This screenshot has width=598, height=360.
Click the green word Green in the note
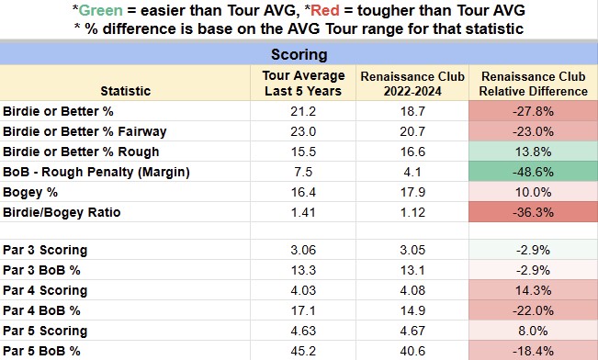(x=101, y=10)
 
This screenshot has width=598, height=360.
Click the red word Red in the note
(x=325, y=10)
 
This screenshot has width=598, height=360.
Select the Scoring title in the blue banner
(x=299, y=54)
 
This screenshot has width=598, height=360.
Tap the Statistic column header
(x=126, y=91)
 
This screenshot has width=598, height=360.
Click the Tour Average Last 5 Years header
(x=303, y=84)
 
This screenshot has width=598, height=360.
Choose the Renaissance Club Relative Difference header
(x=533, y=84)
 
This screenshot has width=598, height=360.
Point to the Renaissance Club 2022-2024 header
(x=412, y=84)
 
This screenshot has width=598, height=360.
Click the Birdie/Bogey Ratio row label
(x=62, y=212)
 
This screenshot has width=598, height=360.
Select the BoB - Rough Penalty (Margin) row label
(x=96, y=172)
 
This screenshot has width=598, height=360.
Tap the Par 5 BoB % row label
(x=41, y=351)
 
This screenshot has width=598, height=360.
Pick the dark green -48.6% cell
(x=533, y=172)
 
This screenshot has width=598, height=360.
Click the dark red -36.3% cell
(x=533, y=212)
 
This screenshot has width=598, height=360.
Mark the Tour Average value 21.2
(x=303, y=111)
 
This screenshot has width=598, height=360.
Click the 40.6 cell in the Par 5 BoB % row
(x=412, y=351)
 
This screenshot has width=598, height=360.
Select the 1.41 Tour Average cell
(x=303, y=212)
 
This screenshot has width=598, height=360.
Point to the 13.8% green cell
(x=533, y=152)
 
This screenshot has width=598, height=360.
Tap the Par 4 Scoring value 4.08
(x=412, y=290)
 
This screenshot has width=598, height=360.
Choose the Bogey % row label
(x=30, y=192)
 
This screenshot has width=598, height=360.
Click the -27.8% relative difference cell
(x=533, y=111)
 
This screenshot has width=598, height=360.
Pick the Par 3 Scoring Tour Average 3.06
(x=303, y=250)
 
